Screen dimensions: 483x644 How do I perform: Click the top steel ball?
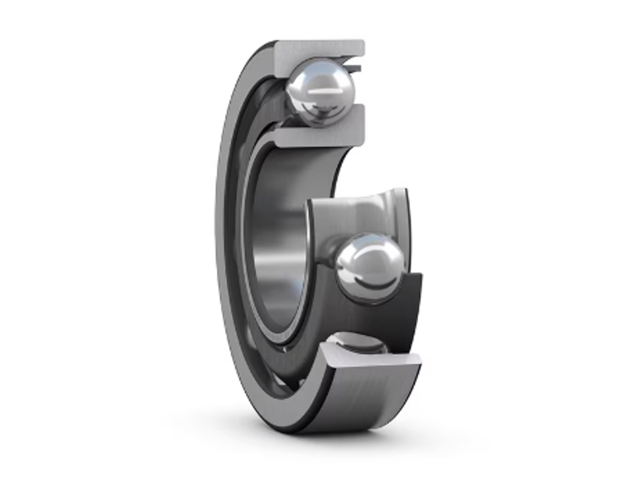point(321,91)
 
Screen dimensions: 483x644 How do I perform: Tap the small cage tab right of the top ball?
point(358,66)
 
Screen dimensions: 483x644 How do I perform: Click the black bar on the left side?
point(75,241)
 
